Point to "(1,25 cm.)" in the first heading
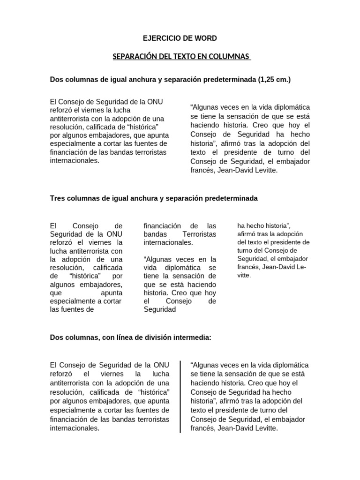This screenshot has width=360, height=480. (274, 80)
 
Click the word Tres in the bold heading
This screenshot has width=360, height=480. (57, 198)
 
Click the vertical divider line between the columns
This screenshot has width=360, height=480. (181, 397)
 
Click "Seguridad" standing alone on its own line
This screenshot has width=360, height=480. (159, 309)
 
